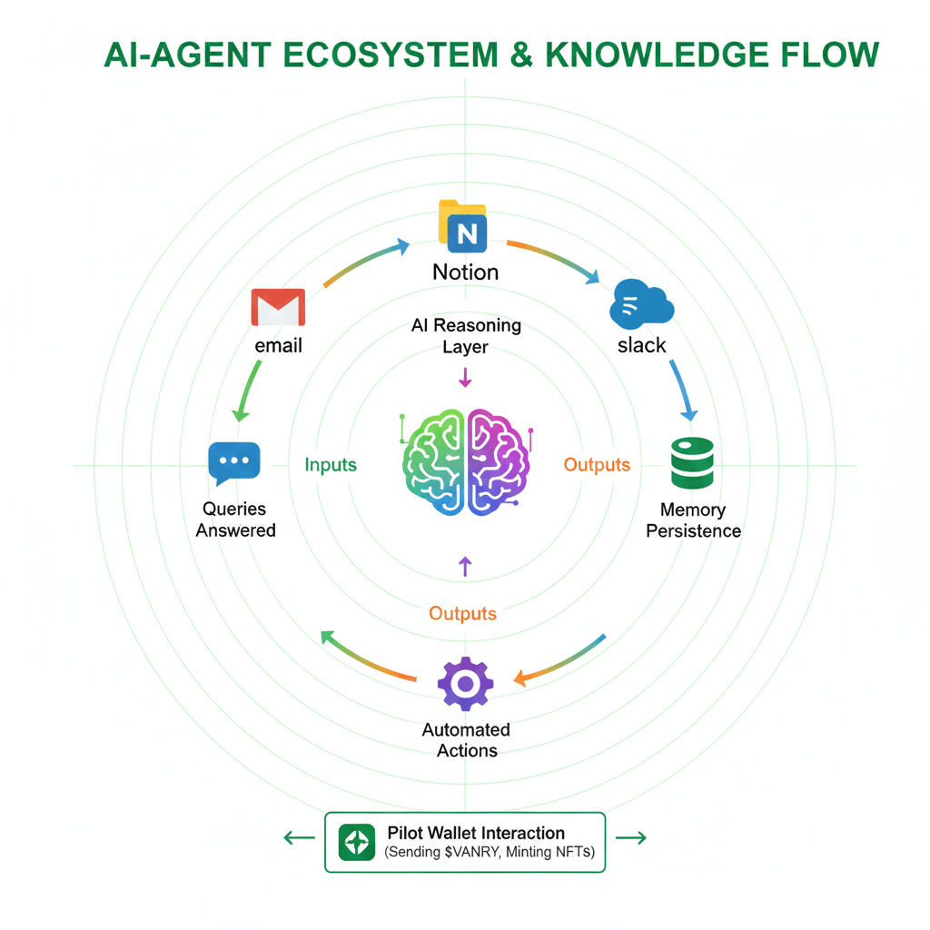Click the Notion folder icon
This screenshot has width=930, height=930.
[x=462, y=226]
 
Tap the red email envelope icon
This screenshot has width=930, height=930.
[x=278, y=307]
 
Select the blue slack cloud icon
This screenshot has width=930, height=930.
[x=641, y=303]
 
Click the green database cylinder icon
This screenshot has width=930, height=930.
[x=692, y=462]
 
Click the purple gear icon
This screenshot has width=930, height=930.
[x=466, y=683]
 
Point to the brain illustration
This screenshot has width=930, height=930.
[x=466, y=462]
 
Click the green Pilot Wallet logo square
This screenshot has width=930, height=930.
[x=356, y=842]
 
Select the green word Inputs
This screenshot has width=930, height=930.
[x=331, y=464]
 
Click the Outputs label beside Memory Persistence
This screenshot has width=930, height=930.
[x=597, y=464]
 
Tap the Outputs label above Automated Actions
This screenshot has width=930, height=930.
[x=462, y=613]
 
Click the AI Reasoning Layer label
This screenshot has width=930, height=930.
[x=466, y=336]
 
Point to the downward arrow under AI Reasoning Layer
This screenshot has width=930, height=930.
[x=466, y=377]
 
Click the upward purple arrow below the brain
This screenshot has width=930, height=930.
[x=466, y=567]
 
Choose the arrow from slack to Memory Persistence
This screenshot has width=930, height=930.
[x=682, y=390]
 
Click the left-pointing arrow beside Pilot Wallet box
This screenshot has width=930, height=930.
[x=300, y=838]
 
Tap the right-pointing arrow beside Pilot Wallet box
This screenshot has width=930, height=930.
[x=631, y=837]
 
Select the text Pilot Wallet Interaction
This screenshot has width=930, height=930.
[x=476, y=833]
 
